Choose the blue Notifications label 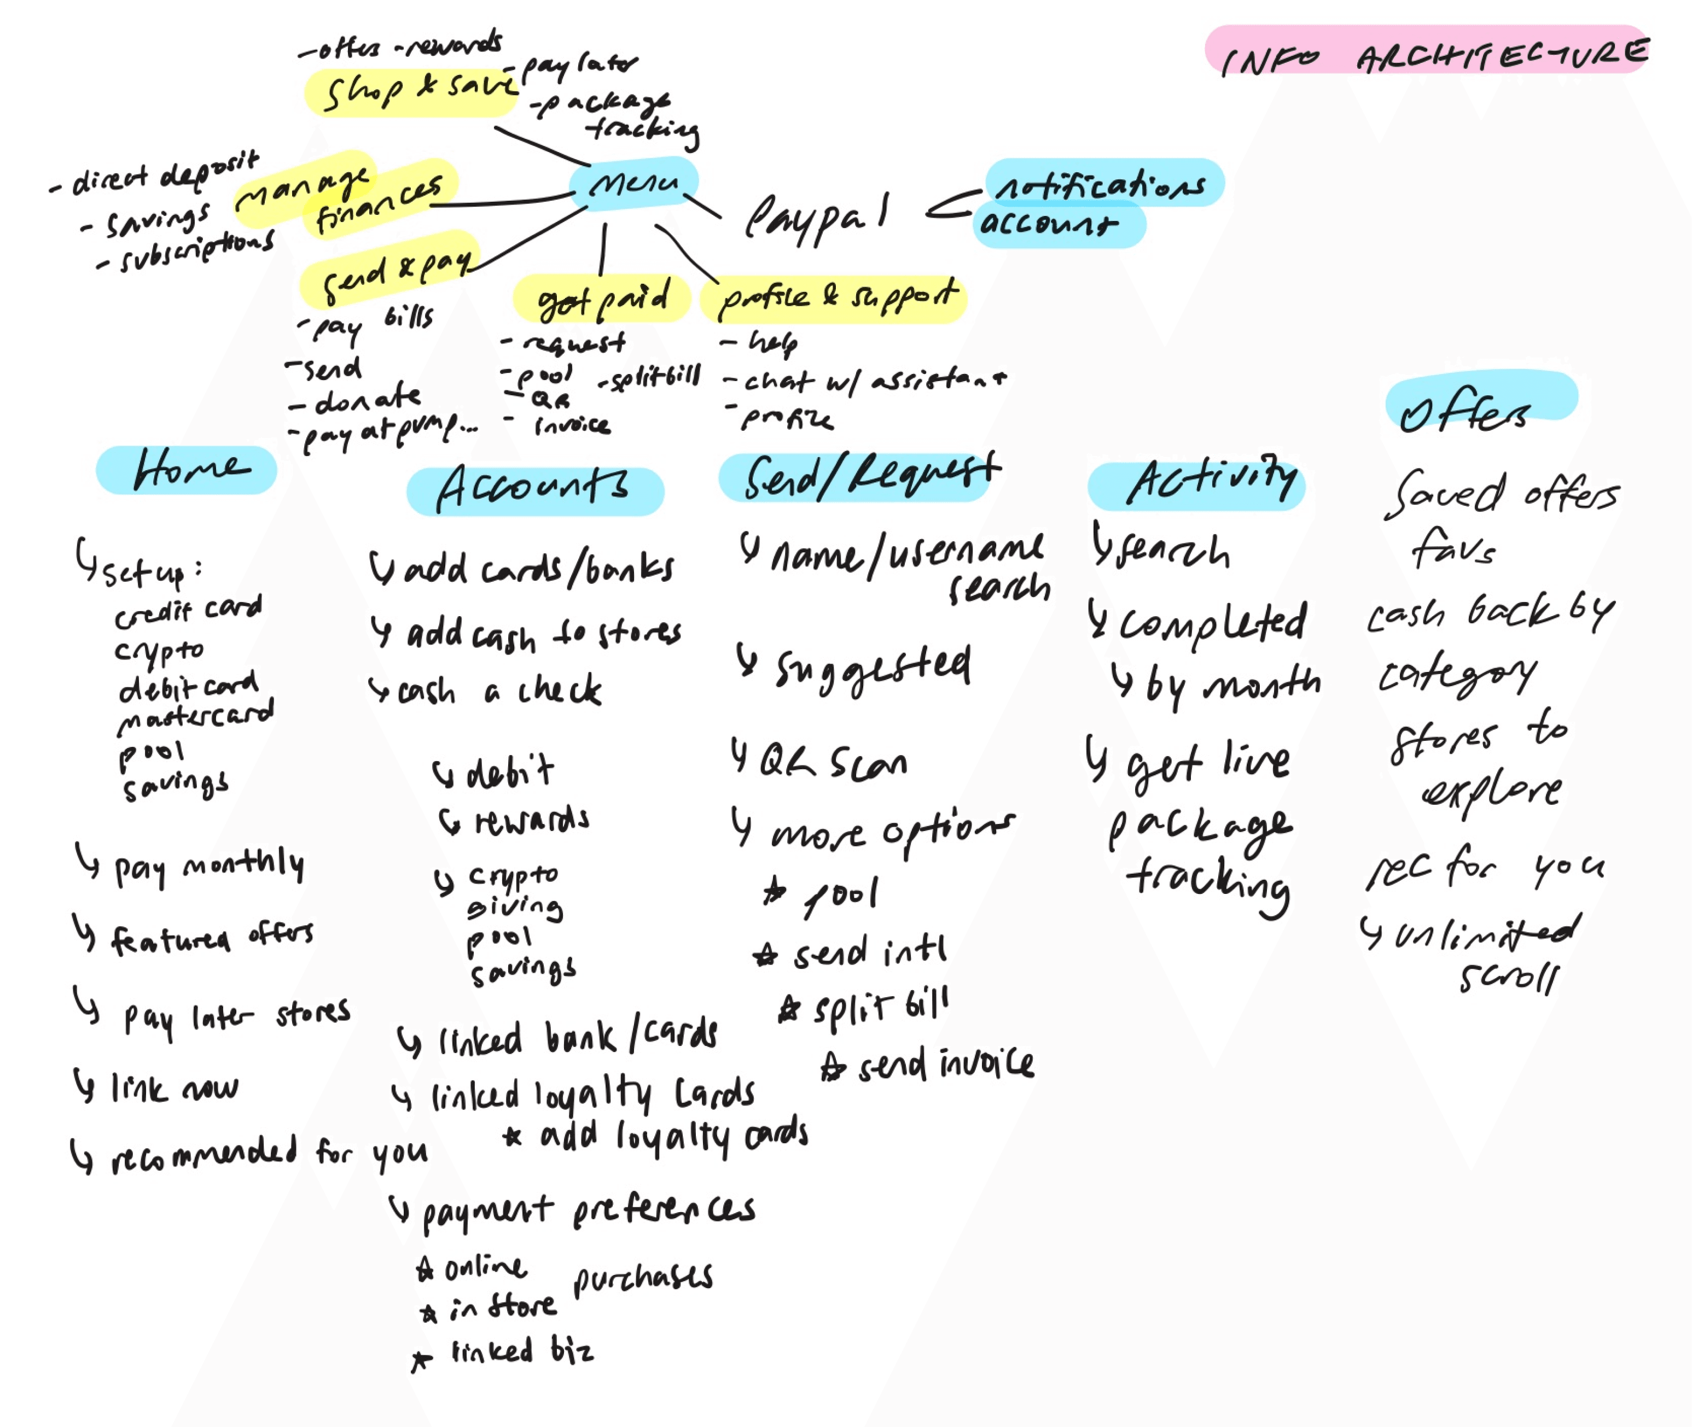[1104, 184]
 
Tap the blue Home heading [187, 469]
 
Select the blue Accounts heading [535, 489]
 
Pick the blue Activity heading [1197, 484]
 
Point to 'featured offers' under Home [211, 938]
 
